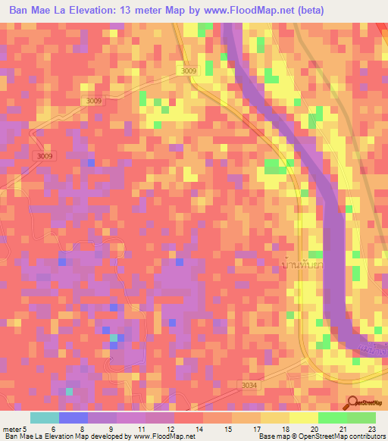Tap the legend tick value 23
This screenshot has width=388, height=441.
click(x=374, y=429)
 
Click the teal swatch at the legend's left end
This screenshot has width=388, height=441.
click(x=45, y=418)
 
